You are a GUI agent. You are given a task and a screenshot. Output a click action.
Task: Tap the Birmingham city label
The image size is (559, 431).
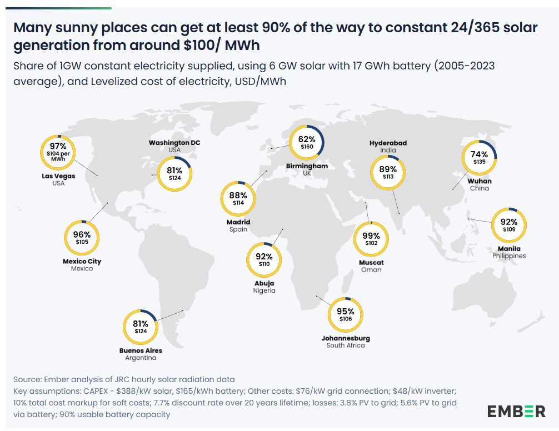pyautogui.click(x=307, y=166)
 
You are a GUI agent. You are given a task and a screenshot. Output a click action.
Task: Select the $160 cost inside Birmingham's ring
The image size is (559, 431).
pyautogui.click(x=307, y=147)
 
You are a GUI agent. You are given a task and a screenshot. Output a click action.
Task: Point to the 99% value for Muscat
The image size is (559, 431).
pyautogui.click(x=372, y=235)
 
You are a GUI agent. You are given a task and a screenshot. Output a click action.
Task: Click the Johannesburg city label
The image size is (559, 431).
pyautogui.click(x=346, y=338)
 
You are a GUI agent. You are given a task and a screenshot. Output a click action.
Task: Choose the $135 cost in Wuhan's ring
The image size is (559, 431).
pyautogui.click(x=480, y=162)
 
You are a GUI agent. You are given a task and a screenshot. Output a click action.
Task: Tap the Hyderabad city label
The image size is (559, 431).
pyautogui.click(x=388, y=143)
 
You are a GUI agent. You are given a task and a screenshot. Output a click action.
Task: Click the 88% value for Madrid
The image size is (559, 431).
pyautogui.click(x=238, y=195)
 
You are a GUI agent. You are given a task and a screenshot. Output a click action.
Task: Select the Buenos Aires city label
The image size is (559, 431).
pyautogui.click(x=141, y=350)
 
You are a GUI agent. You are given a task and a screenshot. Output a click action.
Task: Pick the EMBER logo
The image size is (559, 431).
pyautogui.click(x=517, y=412)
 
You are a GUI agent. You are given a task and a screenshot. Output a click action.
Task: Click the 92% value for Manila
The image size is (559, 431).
pyautogui.click(x=509, y=222)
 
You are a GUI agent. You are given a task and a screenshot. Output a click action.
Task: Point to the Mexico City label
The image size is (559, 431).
pyautogui.click(x=82, y=261)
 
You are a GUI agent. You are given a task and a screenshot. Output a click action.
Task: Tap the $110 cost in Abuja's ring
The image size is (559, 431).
pyautogui.click(x=264, y=264)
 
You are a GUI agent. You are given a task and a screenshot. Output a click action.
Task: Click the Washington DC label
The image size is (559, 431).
pyautogui.click(x=174, y=143)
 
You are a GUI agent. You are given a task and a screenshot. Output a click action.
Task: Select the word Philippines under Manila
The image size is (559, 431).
pyautogui.click(x=509, y=256)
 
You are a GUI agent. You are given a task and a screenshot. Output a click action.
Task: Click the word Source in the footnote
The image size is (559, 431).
pyautogui.click(x=27, y=379)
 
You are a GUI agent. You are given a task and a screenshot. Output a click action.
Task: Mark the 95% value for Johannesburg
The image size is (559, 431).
pyautogui.click(x=345, y=311)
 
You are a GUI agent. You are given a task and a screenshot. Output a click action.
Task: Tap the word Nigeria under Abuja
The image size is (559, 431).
pyautogui.click(x=264, y=290)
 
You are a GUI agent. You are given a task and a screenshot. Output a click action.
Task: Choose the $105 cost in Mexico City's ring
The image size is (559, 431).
pyautogui.click(x=82, y=242)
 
